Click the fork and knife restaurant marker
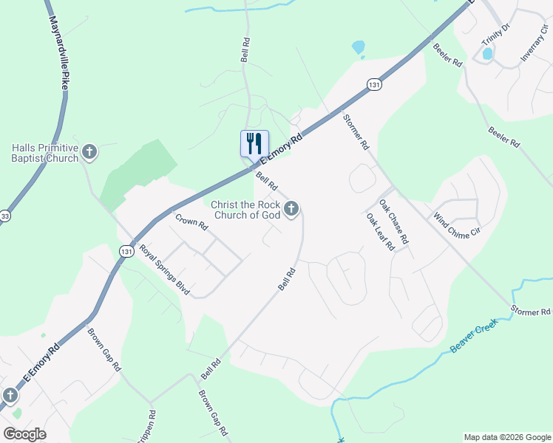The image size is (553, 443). coord(254,142)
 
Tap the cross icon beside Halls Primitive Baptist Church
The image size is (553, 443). coord(89,153)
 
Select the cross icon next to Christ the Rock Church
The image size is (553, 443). coord(291,210)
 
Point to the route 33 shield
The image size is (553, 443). coord(5,216)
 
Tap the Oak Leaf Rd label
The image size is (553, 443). coord(380,232)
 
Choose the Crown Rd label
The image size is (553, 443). coord(191,223)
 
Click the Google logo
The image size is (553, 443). coord(24,434)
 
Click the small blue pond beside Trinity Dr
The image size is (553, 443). coord(487,53)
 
